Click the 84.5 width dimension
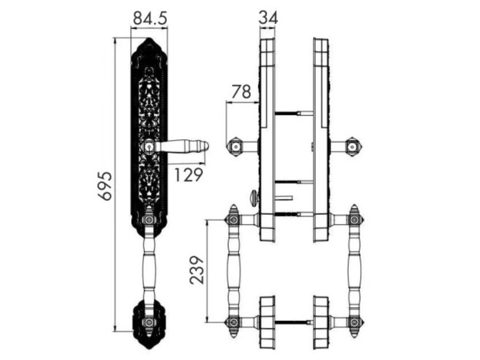coord(150,18)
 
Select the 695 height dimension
coord(106,186)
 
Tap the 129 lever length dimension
coord(188,175)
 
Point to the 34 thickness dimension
coord(268,17)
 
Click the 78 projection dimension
coord(241,92)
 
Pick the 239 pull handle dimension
coord(196,270)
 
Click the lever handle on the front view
coord(181,146)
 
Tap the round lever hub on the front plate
coord(149,147)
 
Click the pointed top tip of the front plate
coord(148,38)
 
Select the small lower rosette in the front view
coord(148,323)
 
